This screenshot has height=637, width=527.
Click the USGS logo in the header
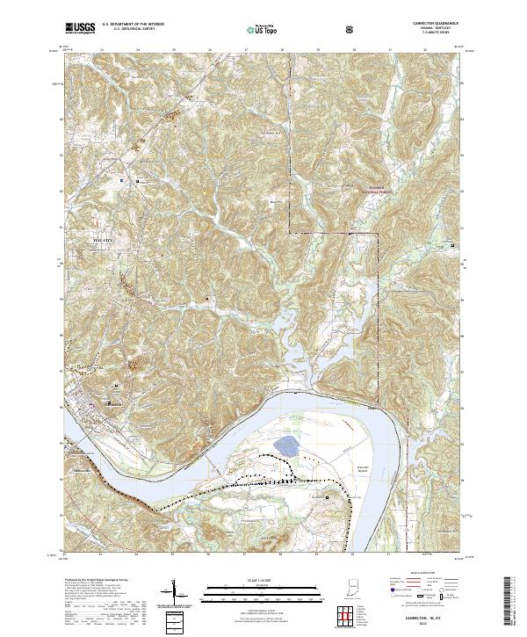pyautogui.click(x=79, y=29)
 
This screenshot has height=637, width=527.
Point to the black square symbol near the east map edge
pyautogui.click(x=453, y=245)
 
